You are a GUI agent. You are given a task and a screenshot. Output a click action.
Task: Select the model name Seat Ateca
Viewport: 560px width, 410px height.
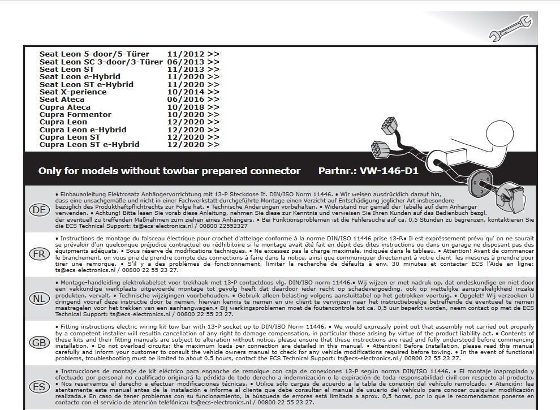62,100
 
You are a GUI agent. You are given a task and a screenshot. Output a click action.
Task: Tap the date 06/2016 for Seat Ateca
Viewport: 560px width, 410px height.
186,100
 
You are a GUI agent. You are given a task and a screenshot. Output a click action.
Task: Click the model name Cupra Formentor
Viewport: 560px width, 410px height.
75,115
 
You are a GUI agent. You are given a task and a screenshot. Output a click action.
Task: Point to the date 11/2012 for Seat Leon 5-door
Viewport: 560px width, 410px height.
186,54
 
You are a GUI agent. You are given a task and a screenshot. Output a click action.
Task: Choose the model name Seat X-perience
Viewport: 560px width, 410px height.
73,92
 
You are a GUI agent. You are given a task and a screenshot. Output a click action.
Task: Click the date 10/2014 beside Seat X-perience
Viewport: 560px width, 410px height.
186,92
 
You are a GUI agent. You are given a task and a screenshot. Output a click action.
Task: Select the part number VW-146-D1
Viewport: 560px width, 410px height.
389,171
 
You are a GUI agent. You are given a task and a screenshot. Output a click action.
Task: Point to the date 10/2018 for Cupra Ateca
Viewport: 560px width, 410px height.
186,107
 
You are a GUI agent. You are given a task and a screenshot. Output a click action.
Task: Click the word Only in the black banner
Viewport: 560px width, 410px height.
50,171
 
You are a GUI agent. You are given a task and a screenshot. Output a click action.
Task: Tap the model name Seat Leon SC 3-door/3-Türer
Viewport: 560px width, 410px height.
101,62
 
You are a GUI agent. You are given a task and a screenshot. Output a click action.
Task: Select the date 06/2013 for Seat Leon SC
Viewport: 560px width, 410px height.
186,62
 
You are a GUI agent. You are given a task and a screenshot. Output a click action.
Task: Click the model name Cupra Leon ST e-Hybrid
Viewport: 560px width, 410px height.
89,145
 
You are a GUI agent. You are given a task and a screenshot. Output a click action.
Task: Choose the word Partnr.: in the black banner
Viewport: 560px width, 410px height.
337,171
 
